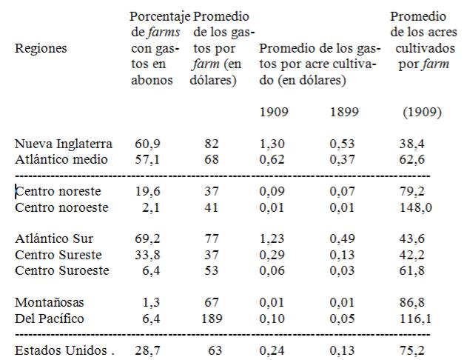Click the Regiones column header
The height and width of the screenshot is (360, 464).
(41, 49)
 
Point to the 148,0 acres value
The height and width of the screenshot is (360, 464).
(415, 207)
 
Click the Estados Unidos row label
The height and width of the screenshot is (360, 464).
(61, 350)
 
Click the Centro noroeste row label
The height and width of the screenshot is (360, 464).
(61, 207)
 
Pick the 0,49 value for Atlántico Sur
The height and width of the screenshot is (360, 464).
(343, 241)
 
